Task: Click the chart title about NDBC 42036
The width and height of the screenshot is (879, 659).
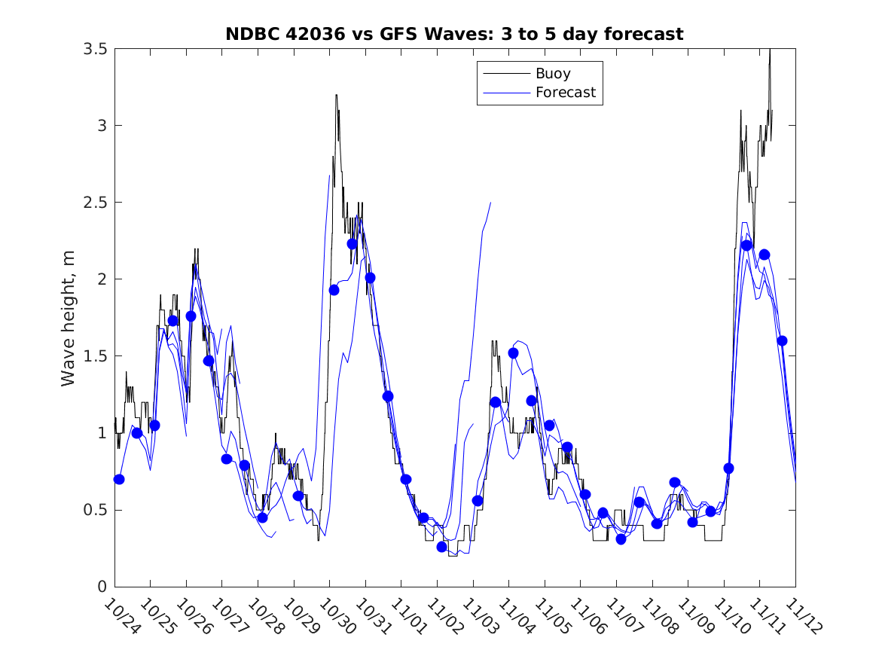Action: click(454, 34)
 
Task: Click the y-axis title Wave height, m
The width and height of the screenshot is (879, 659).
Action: click(69, 318)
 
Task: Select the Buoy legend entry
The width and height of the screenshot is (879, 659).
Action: click(553, 74)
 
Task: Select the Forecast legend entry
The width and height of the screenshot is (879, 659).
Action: click(565, 93)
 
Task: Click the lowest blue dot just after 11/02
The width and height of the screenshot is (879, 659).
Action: click(442, 547)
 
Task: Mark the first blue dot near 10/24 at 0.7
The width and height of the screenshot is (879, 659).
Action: click(119, 479)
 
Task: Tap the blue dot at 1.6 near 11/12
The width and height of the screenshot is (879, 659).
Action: click(782, 340)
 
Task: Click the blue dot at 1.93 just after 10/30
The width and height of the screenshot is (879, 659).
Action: click(334, 290)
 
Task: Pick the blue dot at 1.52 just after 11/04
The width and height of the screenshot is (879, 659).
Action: click(513, 353)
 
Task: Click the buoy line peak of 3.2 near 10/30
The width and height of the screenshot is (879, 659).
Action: click(336, 95)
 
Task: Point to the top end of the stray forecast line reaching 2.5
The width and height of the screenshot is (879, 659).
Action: click(490, 203)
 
